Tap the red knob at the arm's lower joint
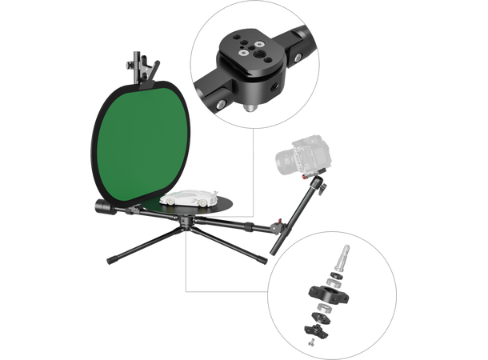pyautogui.click(x=278, y=222)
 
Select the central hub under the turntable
pyautogui.click(x=186, y=221)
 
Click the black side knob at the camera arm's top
pyautogui.click(x=321, y=187)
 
